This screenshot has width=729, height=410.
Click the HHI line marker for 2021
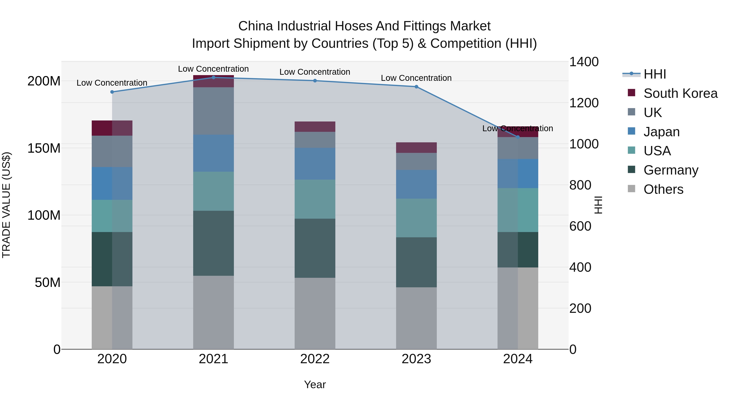click(213, 78)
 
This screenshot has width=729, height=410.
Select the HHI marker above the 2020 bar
click(112, 92)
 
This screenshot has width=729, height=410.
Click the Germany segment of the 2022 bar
click(315, 248)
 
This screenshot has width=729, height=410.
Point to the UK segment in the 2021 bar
click(213, 111)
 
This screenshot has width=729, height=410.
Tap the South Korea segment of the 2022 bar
click(315, 127)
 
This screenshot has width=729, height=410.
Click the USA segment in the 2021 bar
click(213, 191)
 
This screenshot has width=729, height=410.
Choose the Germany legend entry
click(671, 170)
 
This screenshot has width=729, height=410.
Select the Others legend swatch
click(631, 189)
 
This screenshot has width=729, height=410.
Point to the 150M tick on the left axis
click(44, 148)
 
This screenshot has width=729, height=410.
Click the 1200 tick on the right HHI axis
click(584, 103)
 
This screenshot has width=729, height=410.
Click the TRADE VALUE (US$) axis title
click(6, 205)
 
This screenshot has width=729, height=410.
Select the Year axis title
click(315, 384)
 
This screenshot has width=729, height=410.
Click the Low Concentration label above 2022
click(315, 72)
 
